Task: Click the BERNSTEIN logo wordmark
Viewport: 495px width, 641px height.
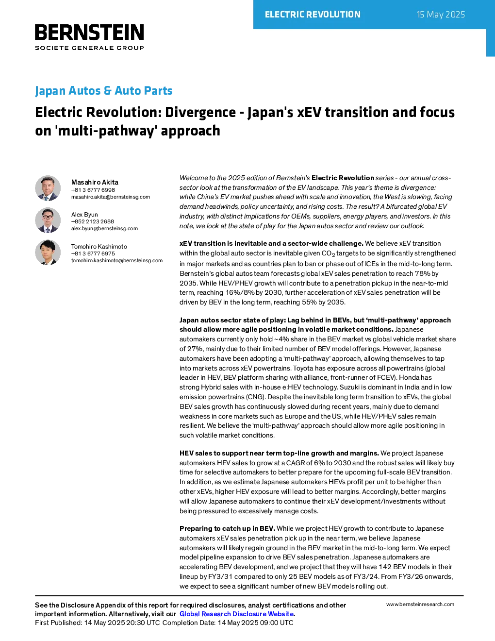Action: click(89, 32)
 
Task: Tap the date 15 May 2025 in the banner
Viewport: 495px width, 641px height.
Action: click(441, 15)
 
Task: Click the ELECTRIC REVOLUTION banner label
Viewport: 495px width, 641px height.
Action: click(313, 15)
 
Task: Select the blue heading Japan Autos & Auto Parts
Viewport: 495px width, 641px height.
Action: click(103, 90)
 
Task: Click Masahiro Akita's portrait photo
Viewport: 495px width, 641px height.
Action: click(48, 188)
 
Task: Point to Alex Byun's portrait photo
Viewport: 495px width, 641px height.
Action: click(48, 220)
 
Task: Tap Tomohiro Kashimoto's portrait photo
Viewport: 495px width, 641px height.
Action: click(48, 253)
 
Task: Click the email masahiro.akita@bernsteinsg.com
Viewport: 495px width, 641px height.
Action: click(111, 197)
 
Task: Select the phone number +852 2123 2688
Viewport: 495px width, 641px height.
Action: click(93, 221)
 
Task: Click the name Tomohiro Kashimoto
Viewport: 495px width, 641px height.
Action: click(99, 246)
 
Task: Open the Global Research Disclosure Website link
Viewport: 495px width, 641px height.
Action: click(237, 614)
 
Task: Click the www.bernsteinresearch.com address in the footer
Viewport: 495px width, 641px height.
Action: click(420, 604)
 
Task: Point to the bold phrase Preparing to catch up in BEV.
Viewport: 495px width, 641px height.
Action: click(227, 528)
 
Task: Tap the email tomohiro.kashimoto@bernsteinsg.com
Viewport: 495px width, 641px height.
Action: click(117, 260)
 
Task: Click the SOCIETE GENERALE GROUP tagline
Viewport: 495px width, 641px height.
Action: click(89, 48)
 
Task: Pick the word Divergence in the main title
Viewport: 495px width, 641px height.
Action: click(200, 112)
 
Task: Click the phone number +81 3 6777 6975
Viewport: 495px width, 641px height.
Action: click(93, 253)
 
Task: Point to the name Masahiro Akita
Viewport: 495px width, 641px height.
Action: click(95, 182)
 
